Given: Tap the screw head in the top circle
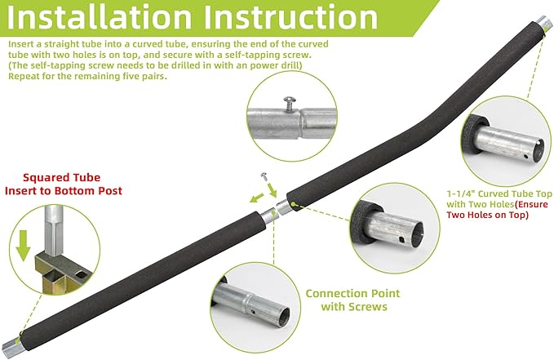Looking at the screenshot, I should [x=287, y=98].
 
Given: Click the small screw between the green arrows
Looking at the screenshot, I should [x=264, y=176].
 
